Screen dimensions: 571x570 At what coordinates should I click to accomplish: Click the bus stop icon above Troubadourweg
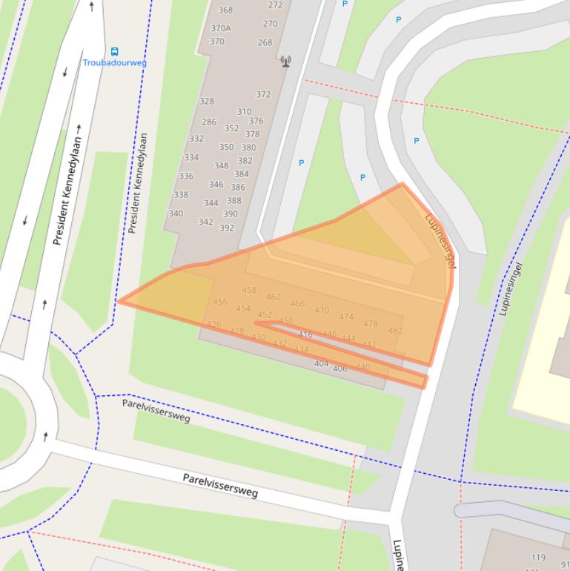[114, 52]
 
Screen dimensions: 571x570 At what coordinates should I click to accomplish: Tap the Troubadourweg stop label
[114, 63]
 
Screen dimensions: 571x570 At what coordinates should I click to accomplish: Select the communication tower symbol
[286, 62]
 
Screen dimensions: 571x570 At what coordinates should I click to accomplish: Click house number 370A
[221, 29]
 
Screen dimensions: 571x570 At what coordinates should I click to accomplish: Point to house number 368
[225, 10]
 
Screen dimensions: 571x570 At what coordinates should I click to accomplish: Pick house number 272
[275, 4]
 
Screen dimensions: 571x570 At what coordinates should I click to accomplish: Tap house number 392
[227, 228]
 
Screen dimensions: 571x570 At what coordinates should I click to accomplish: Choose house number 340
[176, 214]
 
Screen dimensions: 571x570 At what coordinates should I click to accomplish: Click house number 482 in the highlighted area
[395, 331]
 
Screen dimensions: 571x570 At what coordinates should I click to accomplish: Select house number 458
[249, 290]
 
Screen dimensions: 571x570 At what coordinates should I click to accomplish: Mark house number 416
[305, 334]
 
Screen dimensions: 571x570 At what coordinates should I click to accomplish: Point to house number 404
[321, 363]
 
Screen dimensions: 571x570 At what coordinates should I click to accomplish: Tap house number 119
[538, 557]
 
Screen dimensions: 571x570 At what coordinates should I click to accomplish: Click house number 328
[207, 102]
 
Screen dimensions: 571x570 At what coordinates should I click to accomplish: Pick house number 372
[263, 94]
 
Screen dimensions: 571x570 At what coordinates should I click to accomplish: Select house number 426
[214, 325]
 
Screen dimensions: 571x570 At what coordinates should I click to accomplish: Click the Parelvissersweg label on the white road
[220, 486]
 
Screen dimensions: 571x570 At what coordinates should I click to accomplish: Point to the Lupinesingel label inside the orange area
[440, 240]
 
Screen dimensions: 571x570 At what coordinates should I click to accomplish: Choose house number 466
[297, 303]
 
